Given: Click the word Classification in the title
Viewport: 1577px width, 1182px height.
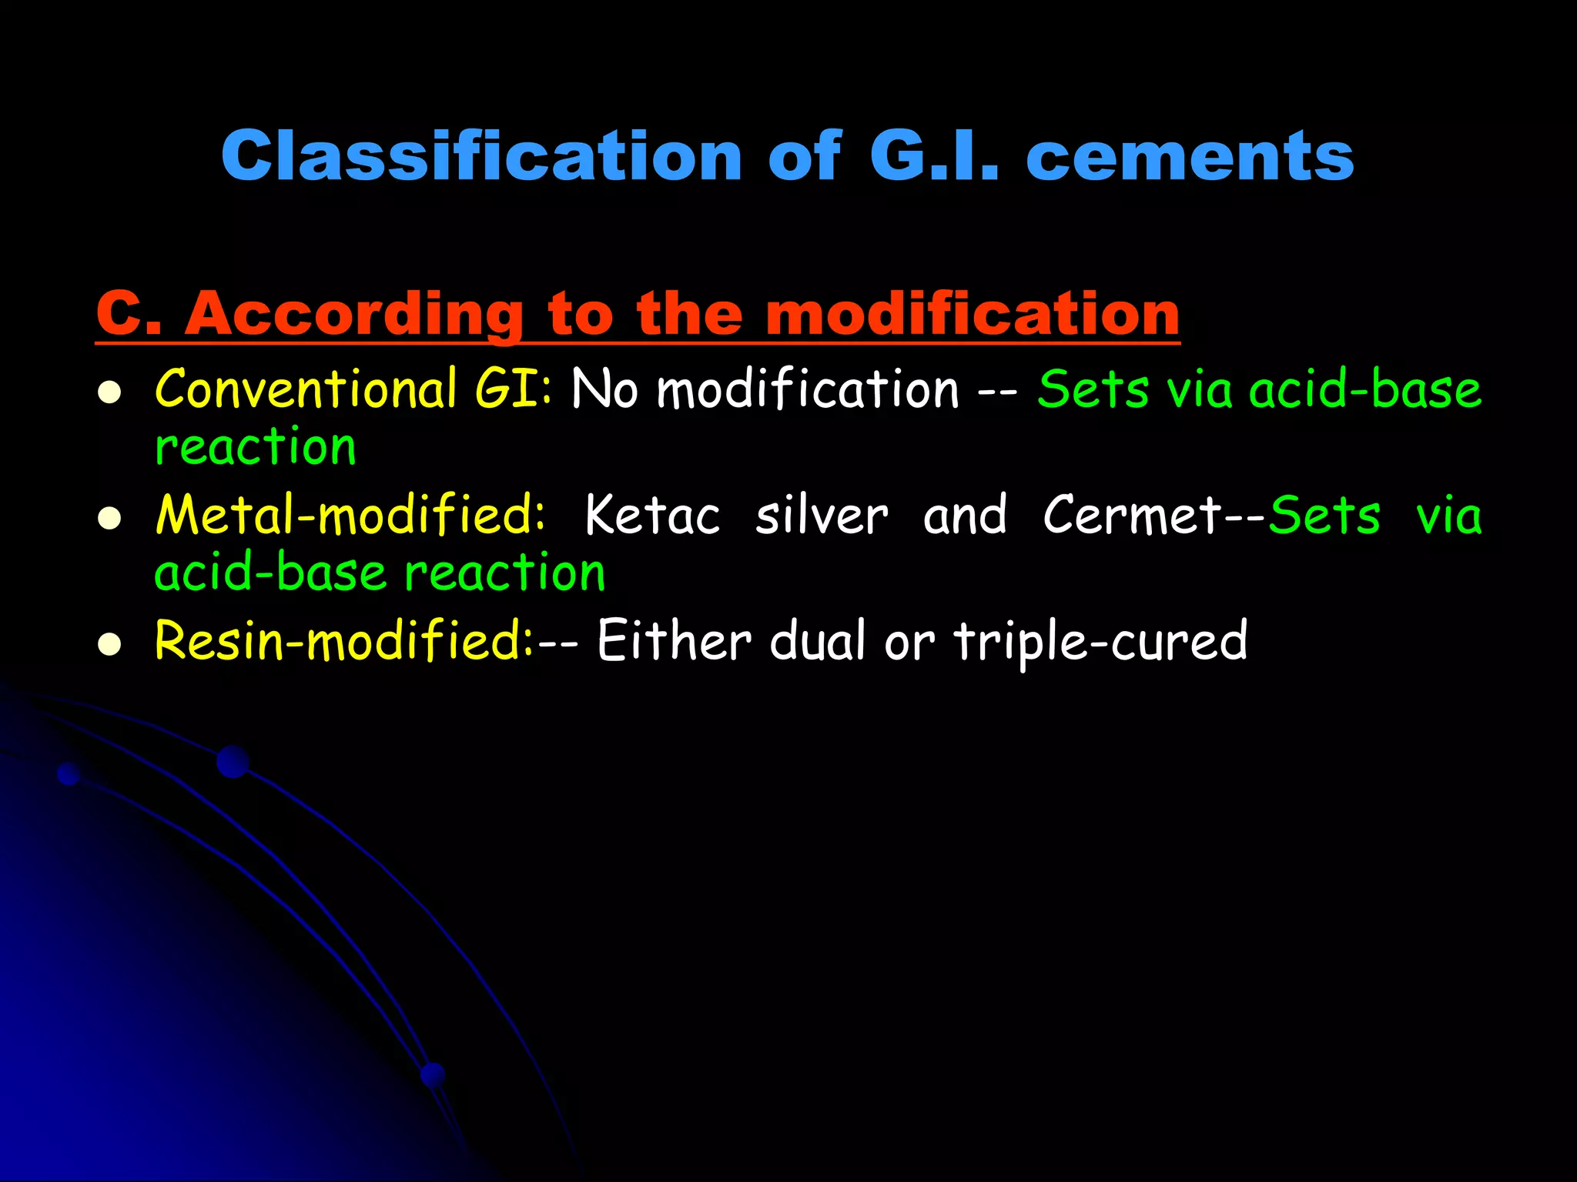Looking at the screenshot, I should click(481, 156).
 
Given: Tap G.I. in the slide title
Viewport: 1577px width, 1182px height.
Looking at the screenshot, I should click(933, 156).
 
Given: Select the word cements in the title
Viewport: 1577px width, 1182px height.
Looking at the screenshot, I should click(1190, 156).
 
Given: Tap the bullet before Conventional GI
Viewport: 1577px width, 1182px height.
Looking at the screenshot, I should click(110, 392).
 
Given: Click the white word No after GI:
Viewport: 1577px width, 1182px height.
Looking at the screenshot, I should click(604, 389).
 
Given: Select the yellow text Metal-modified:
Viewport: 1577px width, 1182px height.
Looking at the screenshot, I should click(350, 514).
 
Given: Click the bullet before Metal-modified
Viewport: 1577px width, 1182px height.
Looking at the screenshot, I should click(110, 519).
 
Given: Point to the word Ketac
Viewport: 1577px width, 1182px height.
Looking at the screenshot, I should click(652, 514).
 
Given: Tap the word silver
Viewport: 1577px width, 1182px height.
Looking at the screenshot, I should click(821, 514).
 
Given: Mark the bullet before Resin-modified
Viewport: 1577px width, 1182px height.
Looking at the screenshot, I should click(110, 644).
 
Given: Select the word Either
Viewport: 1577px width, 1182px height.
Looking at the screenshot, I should click(674, 640).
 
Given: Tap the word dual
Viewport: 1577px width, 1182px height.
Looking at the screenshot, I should click(818, 640).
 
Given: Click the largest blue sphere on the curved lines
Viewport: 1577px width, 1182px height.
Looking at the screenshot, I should click(233, 761).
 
